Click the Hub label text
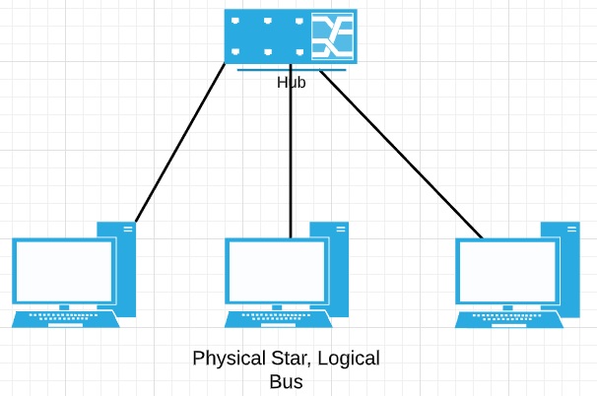(x=292, y=82)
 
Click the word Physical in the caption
(x=229, y=359)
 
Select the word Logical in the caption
(x=349, y=359)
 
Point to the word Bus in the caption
(x=287, y=381)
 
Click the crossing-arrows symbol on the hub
(x=332, y=36)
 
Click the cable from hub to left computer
(x=180, y=143)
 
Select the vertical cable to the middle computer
(x=291, y=151)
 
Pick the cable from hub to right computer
(x=401, y=154)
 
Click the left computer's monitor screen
(x=64, y=271)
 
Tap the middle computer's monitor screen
(x=277, y=271)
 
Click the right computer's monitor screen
(x=507, y=271)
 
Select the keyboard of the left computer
(x=65, y=319)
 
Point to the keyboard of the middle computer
(x=279, y=319)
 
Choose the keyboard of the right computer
(x=509, y=319)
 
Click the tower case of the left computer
(x=126, y=269)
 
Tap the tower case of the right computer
(x=570, y=269)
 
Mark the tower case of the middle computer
(x=339, y=269)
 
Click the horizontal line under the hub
(x=292, y=70)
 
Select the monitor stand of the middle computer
(x=277, y=307)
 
